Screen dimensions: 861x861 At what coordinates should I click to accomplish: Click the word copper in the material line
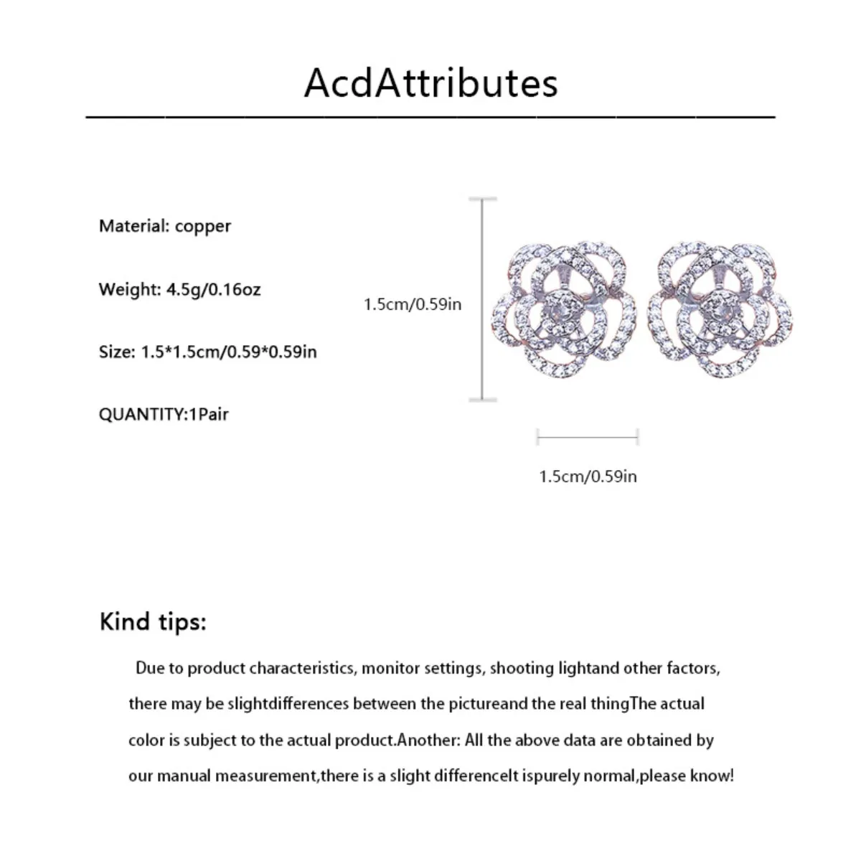click(x=203, y=227)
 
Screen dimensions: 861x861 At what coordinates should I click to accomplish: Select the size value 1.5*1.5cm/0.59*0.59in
click(x=227, y=352)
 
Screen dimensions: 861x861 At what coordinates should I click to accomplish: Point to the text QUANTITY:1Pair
click(x=164, y=414)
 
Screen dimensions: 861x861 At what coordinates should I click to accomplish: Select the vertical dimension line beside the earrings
click(x=482, y=298)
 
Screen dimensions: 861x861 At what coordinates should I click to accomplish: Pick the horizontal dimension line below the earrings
click(x=588, y=436)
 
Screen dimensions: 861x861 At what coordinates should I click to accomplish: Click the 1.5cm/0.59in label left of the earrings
click(x=413, y=304)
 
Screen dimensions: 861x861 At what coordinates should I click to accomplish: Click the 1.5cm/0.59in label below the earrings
click(x=588, y=476)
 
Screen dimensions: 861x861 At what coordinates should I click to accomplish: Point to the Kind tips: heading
click(x=153, y=621)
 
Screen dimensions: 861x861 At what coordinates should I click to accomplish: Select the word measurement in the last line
click(x=265, y=776)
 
